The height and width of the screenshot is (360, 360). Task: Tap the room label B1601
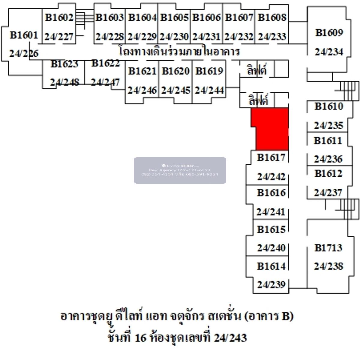pyautogui.click(x=24, y=35)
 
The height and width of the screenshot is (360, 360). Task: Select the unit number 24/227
pyautogui.click(x=59, y=37)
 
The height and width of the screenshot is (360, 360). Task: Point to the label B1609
pyautogui.click(x=329, y=32)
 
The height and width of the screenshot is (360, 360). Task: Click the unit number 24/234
pyautogui.click(x=329, y=52)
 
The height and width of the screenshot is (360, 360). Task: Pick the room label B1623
pyautogui.click(x=64, y=64)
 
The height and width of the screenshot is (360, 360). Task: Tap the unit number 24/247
pyautogui.click(x=105, y=82)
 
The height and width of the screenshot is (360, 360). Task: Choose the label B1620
pyautogui.click(x=176, y=71)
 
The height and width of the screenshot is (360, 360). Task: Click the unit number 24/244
pyautogui.click(x=209, y=90)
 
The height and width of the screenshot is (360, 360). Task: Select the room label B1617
pyautogui.click(x=271, y=157)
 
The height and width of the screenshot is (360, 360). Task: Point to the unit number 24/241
pyautogui.click(x=271, y=212)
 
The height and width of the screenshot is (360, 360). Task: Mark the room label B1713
pyautogui.click(x=328, y=247)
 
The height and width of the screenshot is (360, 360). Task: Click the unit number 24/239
pyautogui.click(x=271, y=284)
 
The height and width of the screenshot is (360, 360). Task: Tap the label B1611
pyautogui.click(x=328, y=140)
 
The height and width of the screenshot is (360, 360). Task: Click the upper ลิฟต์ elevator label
pyautogui.click(x=257, y=70)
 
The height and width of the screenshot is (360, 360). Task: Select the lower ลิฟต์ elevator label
pyautogui.click(x=258, y=100)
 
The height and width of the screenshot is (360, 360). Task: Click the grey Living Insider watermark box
pyautogui.click(x=180, y=170)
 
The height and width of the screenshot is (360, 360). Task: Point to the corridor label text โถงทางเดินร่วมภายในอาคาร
pyautogui.click(x=179, y=52)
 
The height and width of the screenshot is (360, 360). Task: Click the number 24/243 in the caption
pyautogui.click(x=230, y=338)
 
